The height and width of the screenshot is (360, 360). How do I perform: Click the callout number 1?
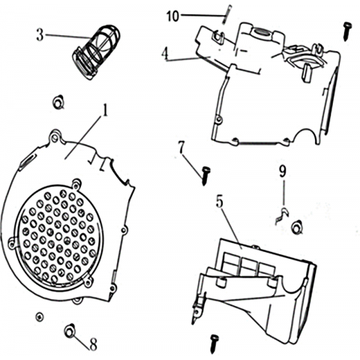coord(106,110)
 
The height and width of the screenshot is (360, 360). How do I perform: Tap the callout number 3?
coord(40,35)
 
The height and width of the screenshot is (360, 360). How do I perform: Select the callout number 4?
coord(164,55)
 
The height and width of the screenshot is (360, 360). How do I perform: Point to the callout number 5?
coord(220,202)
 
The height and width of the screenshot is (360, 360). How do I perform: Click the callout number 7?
coord(181,147)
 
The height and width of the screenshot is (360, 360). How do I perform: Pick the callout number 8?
coord(93,345)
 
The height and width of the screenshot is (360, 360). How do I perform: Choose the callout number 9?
coord(283,172)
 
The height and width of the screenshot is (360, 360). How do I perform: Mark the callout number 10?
coord(173,16)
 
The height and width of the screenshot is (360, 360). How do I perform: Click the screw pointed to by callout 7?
coord(205,175)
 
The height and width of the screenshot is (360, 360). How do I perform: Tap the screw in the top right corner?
coord(347,31)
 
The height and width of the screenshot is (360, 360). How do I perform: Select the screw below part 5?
coord(214,344)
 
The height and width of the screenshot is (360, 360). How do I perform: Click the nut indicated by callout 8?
coord(70,331)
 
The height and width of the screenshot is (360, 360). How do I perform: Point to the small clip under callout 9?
coord(282,215)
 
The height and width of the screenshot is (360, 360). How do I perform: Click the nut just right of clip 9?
coord(298,227)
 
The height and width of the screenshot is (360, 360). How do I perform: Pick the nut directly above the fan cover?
coord(58,102)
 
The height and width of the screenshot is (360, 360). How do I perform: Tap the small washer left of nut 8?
coord(39,316)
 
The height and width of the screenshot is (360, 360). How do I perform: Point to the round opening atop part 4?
coord(261,32)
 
